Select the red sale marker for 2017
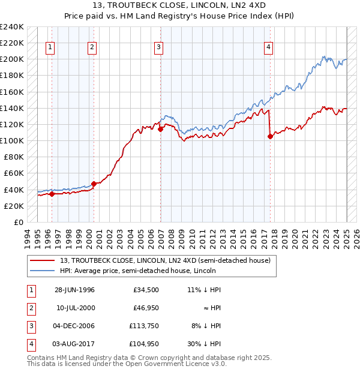[x=270, y=136]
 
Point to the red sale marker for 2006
[x=161, y=129]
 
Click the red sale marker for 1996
[x=52, y=194]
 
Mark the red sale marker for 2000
[x=94, y=184]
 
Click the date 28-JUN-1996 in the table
[x=75, y=290]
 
